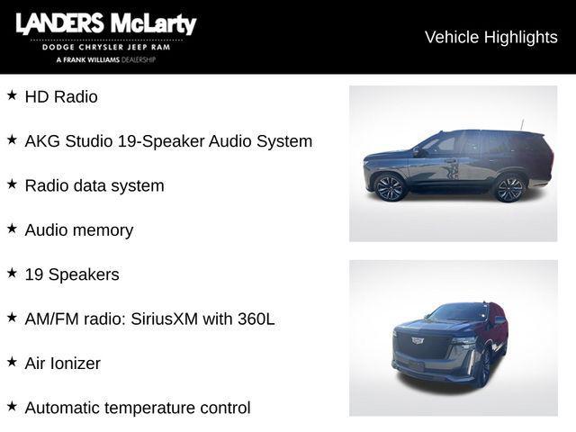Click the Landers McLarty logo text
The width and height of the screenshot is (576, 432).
coord(105,24)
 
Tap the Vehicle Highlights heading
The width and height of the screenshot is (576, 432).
coord(490,37)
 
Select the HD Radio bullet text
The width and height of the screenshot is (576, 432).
coord(61,96)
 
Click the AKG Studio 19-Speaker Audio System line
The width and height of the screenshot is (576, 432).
coord(168,141)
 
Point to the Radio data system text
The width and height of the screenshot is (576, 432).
coord(94,185)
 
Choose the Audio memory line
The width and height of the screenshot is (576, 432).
coord(79,229)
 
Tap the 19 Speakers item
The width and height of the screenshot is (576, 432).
coord(72,274)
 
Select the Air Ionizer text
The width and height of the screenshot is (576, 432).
coord(63,364)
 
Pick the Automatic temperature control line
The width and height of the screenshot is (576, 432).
coord(138,408)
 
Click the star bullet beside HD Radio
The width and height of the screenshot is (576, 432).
coord(12,94)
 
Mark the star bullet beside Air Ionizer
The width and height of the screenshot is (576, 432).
coord(12,362)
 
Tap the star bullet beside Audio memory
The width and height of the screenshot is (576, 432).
coord(12,228)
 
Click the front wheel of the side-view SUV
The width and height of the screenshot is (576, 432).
coord(391,187)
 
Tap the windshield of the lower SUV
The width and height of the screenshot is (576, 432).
coord(458,313)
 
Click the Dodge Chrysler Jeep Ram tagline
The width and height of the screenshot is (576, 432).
coord(105,47)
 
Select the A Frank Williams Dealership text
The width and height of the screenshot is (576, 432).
coord(105,59)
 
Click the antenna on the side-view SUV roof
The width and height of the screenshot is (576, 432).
coord(521,124)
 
